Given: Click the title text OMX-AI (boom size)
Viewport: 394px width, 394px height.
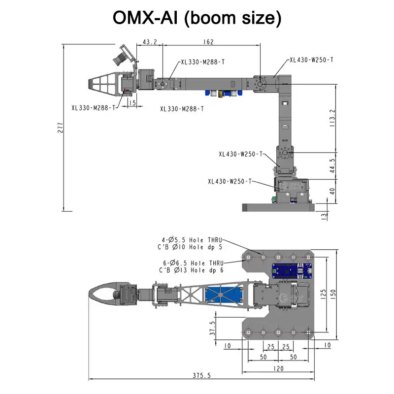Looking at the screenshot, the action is (197, 18).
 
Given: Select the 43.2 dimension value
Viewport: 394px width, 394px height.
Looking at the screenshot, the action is (150, 42).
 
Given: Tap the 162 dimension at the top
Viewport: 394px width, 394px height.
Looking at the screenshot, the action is (208, 42).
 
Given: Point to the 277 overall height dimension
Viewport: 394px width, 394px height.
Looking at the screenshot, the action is (60, 128).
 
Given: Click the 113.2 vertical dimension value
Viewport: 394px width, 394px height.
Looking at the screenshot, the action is (332, 118).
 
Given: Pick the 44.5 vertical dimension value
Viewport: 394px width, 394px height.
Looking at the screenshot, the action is (332, 165).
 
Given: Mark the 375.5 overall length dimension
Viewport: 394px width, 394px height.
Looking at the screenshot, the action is (201, 375).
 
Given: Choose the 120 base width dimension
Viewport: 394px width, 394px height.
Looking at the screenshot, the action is (278, 368).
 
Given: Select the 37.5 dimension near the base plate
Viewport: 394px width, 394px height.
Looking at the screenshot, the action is (213, 328).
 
